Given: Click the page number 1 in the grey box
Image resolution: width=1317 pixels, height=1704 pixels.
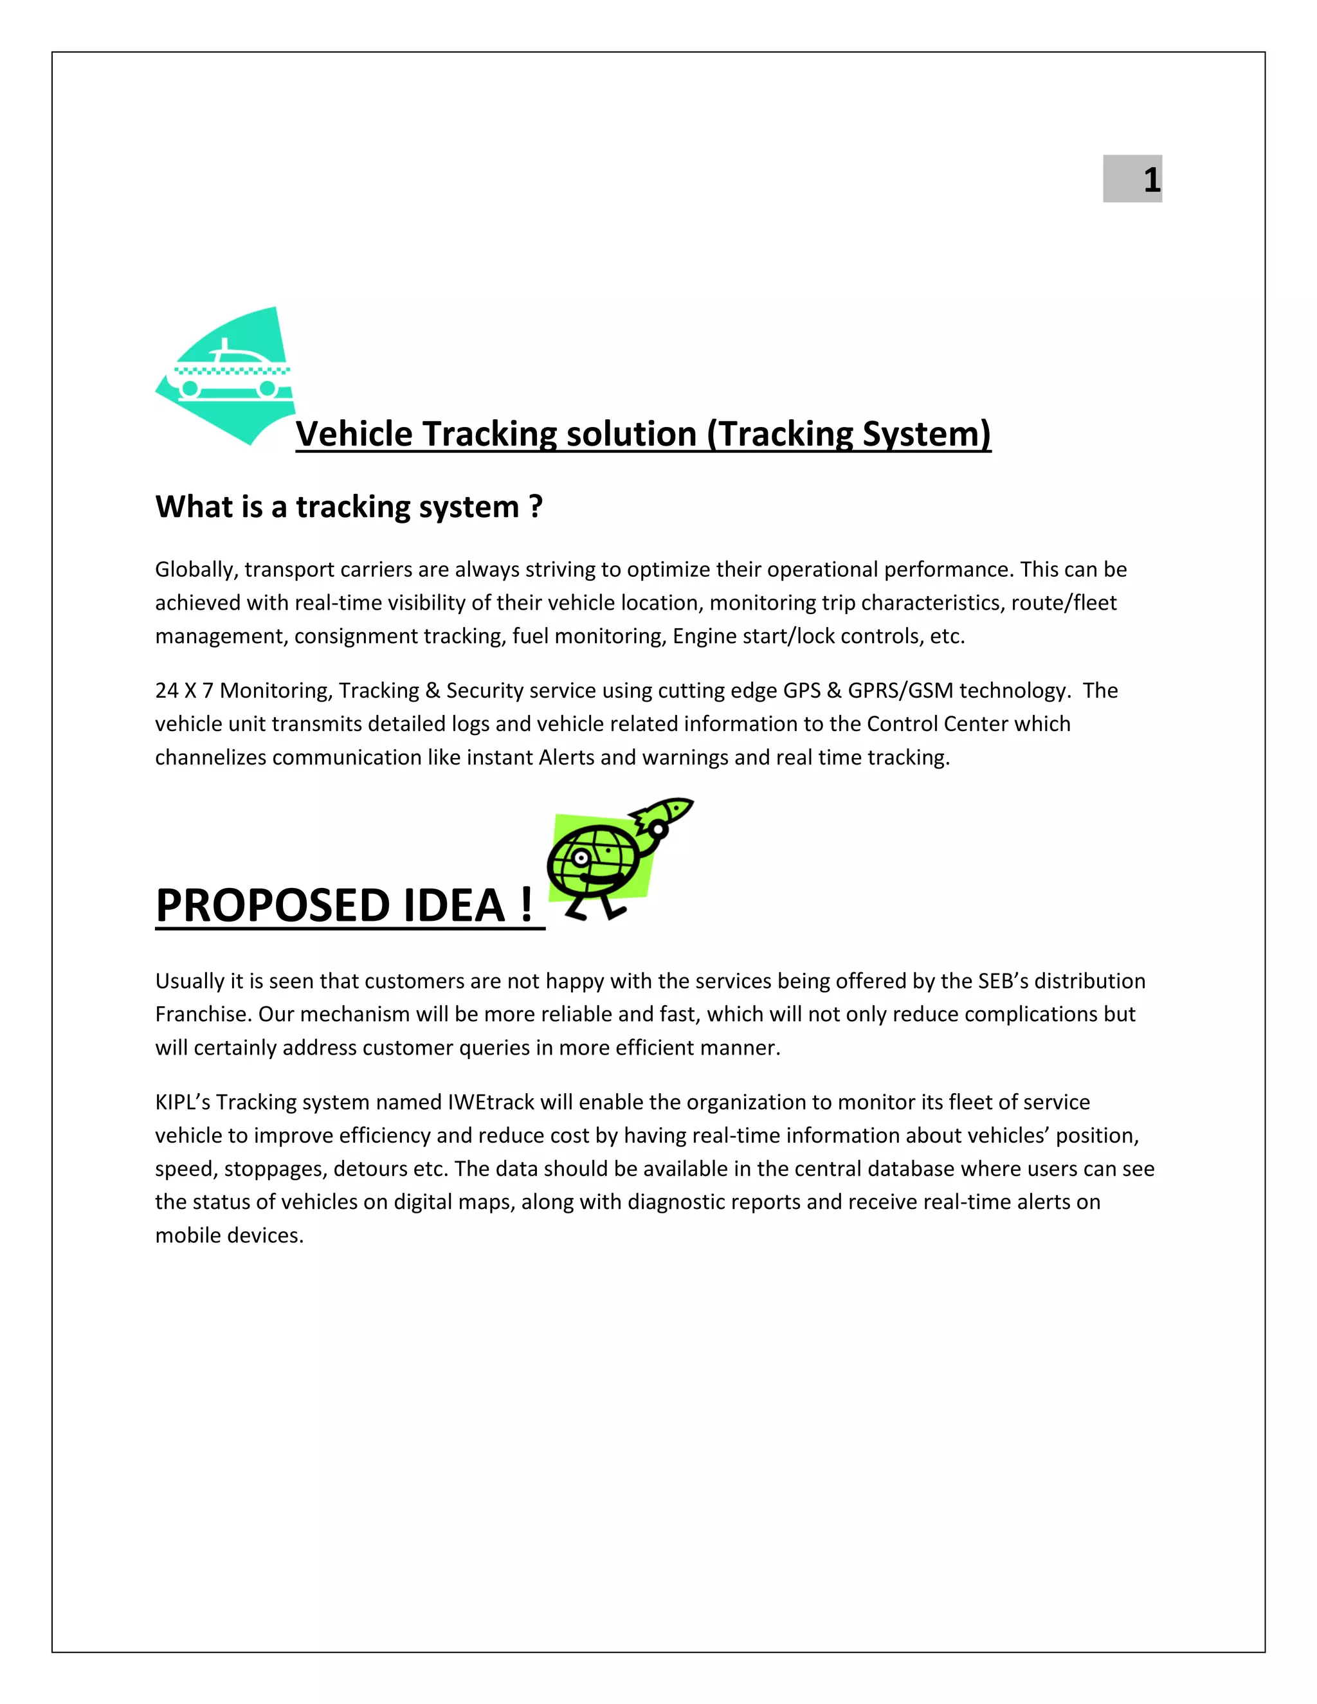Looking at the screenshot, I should click(x=1151, y=179).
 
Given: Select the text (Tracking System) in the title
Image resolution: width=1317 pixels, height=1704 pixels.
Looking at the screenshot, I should click(x=849, y=434).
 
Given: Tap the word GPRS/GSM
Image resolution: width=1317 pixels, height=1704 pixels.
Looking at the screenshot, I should click(x=900, y=691).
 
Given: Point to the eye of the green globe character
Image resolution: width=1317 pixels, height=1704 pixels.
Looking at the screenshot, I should click(x=581, y=857).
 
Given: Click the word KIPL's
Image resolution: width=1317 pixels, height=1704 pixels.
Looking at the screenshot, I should click(x=183, y=1102).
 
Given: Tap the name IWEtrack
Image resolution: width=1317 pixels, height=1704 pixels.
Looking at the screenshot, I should click(x=491, y=1102).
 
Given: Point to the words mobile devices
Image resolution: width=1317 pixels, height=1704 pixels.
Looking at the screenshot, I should click(x=228, y=1235).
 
